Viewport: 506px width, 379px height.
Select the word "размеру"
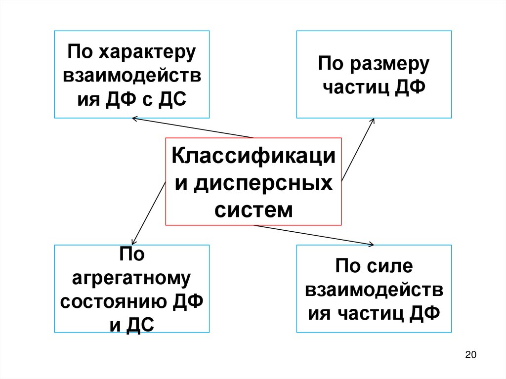389,65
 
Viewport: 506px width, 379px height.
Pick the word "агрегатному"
131,279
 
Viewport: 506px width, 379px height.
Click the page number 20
470,354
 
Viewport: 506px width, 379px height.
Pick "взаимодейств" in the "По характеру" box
131,77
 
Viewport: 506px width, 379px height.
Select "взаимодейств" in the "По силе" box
374,291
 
